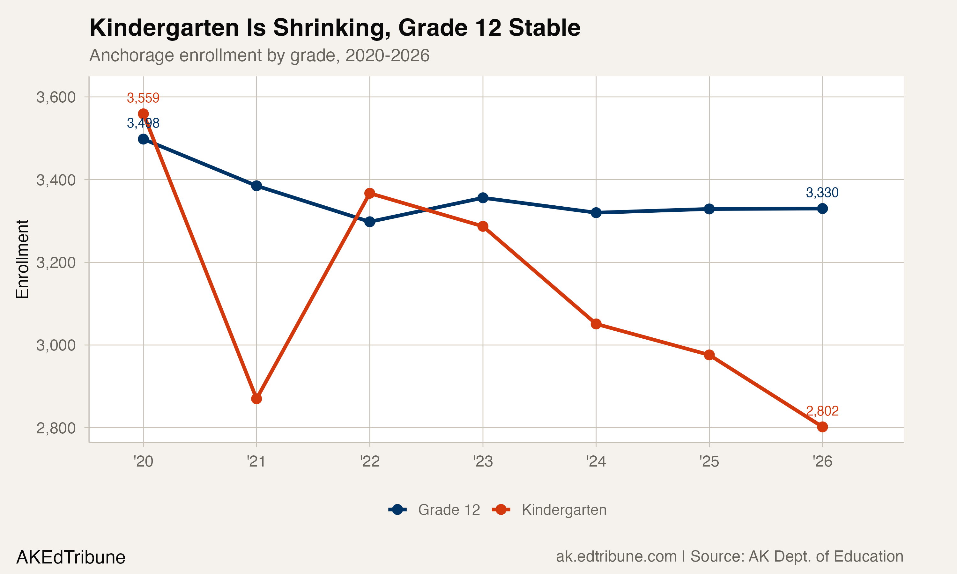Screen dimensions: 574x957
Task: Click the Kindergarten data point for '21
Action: tap(256, 398)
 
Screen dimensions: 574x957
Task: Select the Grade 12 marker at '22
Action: tap(369, 222)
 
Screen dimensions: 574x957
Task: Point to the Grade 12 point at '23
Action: tap(483, 198)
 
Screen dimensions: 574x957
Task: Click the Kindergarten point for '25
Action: tap(709, 355)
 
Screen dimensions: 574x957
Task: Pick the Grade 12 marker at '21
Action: tap(256, 186)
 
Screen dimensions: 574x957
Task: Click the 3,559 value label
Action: tap(143, 98)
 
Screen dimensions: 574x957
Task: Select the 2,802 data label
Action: tap(822, 411)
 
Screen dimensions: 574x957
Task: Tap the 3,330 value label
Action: tap(822, 192)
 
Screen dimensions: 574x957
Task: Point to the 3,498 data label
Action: tap(143, 123)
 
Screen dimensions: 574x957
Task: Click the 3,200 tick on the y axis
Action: tap(56, 262)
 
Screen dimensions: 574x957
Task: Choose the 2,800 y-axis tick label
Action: tap(56, 428)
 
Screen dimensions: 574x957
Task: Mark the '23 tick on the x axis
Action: tap(483, 461)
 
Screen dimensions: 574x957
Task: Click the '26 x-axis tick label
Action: tap(822, 461)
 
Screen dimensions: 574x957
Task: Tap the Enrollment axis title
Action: tap(22, 259)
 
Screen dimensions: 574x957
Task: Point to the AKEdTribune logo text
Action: tap(71, 557)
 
